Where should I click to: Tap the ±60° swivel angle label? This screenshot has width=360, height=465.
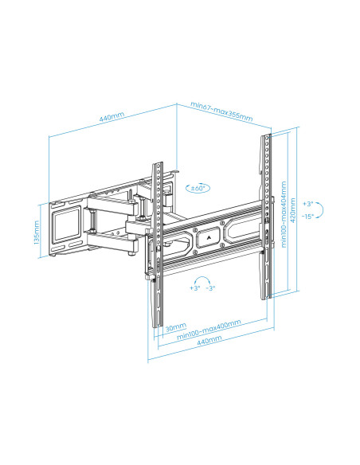[x=198, y=188]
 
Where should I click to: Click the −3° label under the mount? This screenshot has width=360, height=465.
[x=210, y=290]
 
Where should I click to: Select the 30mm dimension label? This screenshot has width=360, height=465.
[x=176, y=326]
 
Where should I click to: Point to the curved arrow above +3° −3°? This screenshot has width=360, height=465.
[x=203, y=280]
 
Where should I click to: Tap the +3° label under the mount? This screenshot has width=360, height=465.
[x=194, y=290]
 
